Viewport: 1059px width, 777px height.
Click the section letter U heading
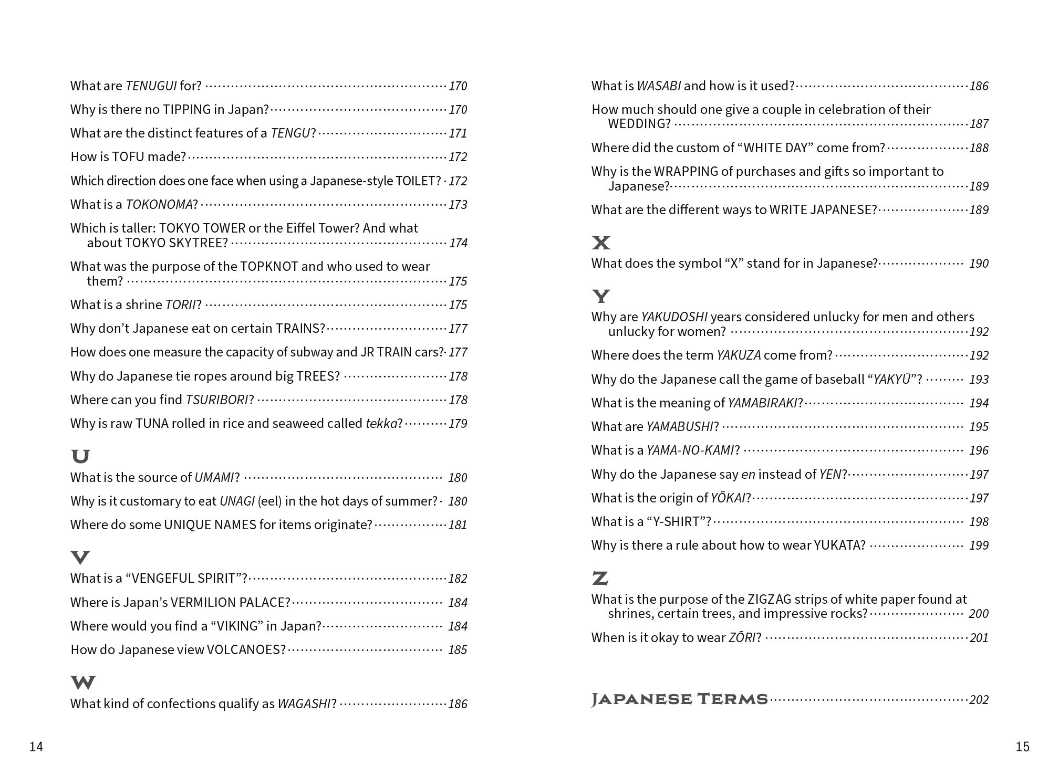[80, 456]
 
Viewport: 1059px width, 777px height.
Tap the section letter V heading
[80, 557]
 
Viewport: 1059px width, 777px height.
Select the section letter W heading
[83, 682]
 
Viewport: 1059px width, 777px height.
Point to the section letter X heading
[601, 243]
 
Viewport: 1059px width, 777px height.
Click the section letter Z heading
[600, 579]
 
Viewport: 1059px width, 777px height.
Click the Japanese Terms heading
[680, 699]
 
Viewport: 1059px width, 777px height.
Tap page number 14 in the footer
[36, 747]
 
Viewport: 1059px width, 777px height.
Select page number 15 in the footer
[1022, 747]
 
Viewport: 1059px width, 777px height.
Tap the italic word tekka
[381, 423]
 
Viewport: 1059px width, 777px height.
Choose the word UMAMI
[214, 477]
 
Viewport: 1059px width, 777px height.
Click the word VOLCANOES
[246, 649]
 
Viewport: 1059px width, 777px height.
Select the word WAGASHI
[304, 703]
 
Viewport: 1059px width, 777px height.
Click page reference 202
[979, 700]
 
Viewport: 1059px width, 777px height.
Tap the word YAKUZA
[739, 355]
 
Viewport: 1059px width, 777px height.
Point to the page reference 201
[979, 638]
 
